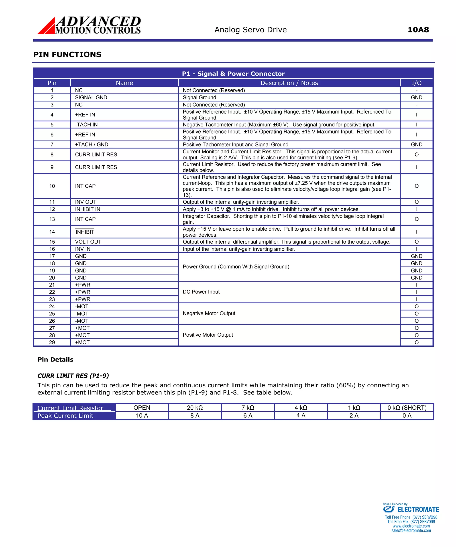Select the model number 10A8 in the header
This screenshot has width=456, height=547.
[418, 30]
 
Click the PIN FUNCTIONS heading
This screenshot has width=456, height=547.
[67, 55]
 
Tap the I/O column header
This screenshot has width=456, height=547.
[416, 83]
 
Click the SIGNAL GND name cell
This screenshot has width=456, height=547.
[91, 98]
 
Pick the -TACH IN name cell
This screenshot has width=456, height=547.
[86, 124]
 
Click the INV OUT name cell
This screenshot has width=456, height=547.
[85, 202]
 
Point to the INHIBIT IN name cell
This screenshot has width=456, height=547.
[88, 209]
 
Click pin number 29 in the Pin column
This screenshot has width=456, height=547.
[52, 342]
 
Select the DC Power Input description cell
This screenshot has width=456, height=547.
[201, 292]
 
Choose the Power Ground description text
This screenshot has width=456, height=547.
[236, 267]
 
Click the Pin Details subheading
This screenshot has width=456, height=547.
[55, 360]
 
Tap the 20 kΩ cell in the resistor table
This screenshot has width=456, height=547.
[195, 408]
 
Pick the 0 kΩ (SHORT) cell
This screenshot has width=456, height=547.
[407, 408]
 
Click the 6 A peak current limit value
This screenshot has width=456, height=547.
[248, 415]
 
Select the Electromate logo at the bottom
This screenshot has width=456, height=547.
[411, 510]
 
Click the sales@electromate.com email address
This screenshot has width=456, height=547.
[411, 530]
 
